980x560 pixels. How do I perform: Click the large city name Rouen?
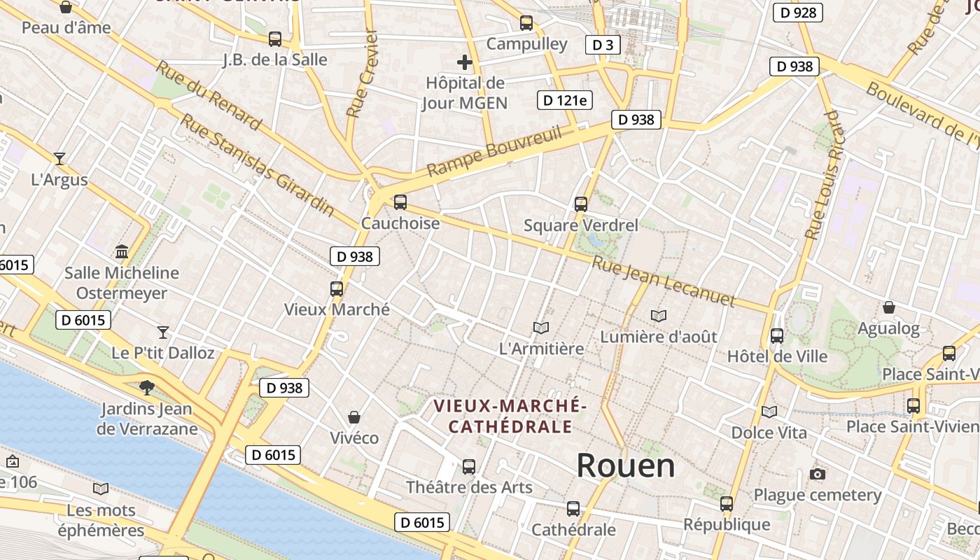pos(625,465)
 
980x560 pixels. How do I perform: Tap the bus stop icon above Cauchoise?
pos(400,202)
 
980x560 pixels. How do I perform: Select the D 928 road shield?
pos(797,13)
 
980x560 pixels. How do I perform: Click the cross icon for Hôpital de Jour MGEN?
pos(464,62)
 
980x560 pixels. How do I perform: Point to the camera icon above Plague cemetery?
pos(817,475)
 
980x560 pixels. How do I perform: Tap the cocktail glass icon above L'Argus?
pos(59,159)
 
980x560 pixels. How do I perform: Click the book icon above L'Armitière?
pos(540,328)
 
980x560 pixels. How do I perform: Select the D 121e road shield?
pos(564,100)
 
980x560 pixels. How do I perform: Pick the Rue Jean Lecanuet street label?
pos(663,282)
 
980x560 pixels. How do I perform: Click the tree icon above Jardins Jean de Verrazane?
pos(147,387)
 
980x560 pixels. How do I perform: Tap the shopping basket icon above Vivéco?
pos(354,417)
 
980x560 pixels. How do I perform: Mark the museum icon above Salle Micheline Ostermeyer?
pos(122,251)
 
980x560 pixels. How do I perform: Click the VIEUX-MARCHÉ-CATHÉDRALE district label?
pos(510,416)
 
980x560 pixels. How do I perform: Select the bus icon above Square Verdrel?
pos(581,204)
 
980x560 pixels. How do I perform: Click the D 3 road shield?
pos(602,45)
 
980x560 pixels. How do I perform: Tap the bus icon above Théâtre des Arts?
pos(469,466)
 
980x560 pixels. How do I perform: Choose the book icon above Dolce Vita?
pos(769,412)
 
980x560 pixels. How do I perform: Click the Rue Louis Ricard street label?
pos(823,175)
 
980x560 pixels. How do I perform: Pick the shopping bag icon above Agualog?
pos(888,307)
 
